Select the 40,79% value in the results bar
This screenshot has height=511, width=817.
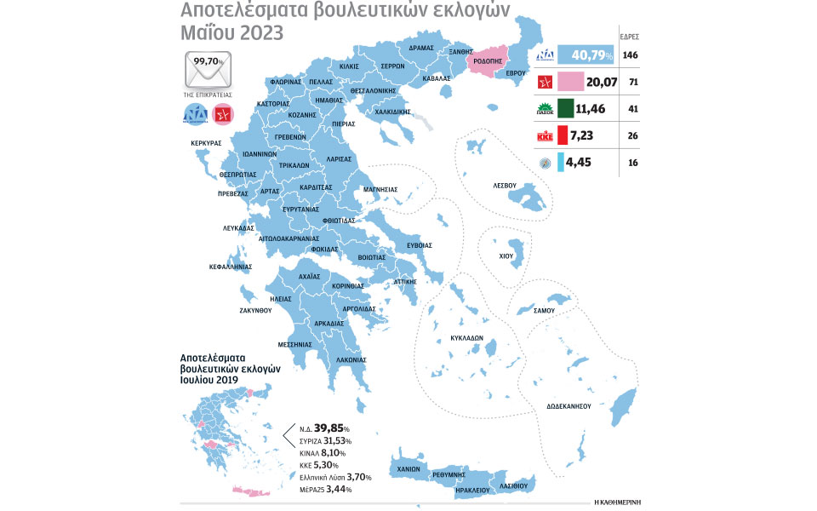pos(580,57)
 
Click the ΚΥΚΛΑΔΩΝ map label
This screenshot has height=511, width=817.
pos(466,337)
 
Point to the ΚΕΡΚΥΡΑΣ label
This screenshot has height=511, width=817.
pos(206,143)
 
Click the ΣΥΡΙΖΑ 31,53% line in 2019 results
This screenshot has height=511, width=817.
pos(324,440)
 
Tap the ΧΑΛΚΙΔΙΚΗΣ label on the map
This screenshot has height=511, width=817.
pos(392,111)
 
